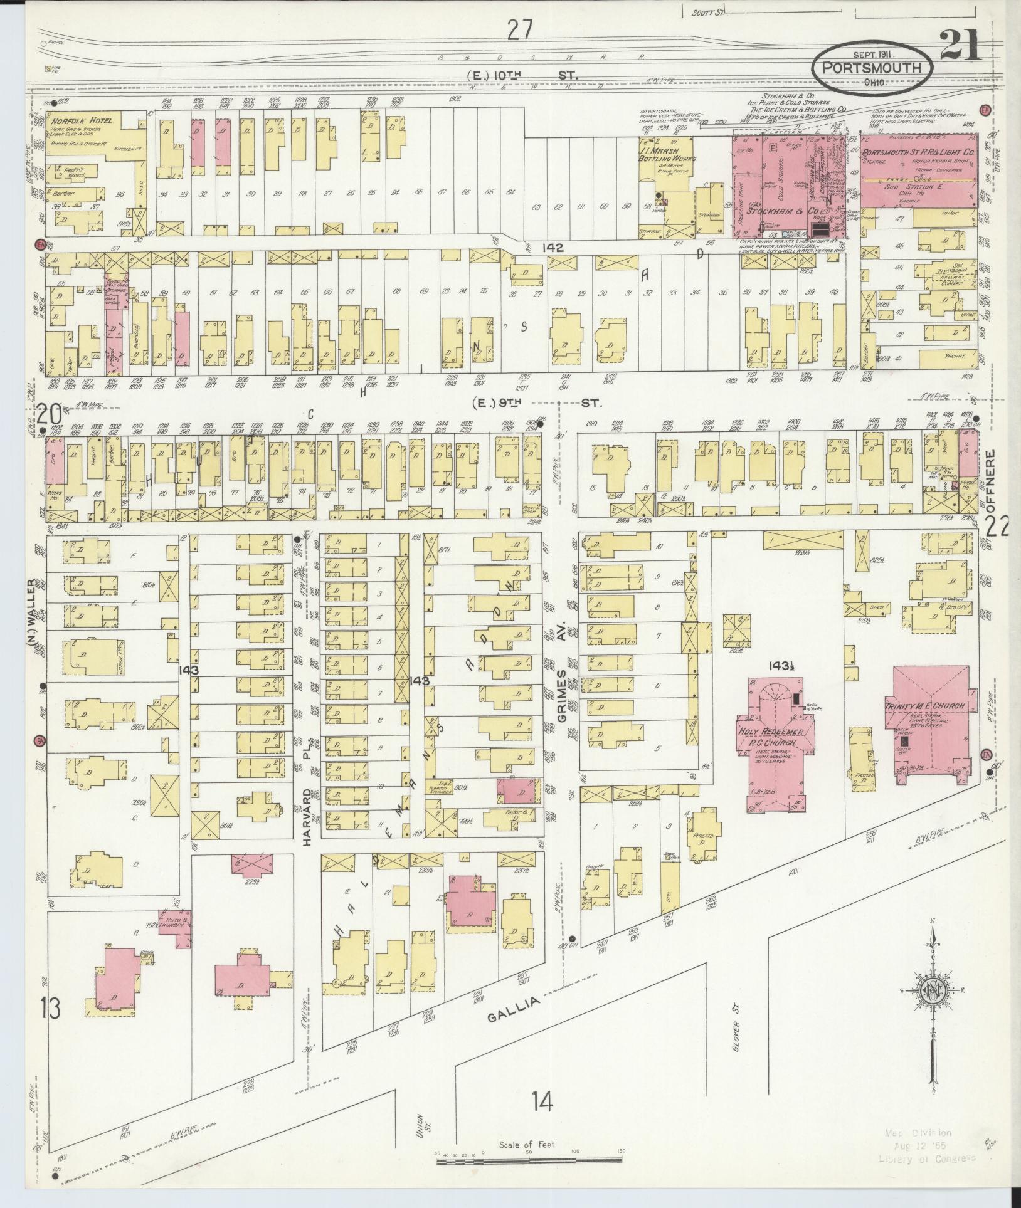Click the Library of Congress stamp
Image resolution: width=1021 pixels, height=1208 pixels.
pyautogui.click(x=931, y=1145)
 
